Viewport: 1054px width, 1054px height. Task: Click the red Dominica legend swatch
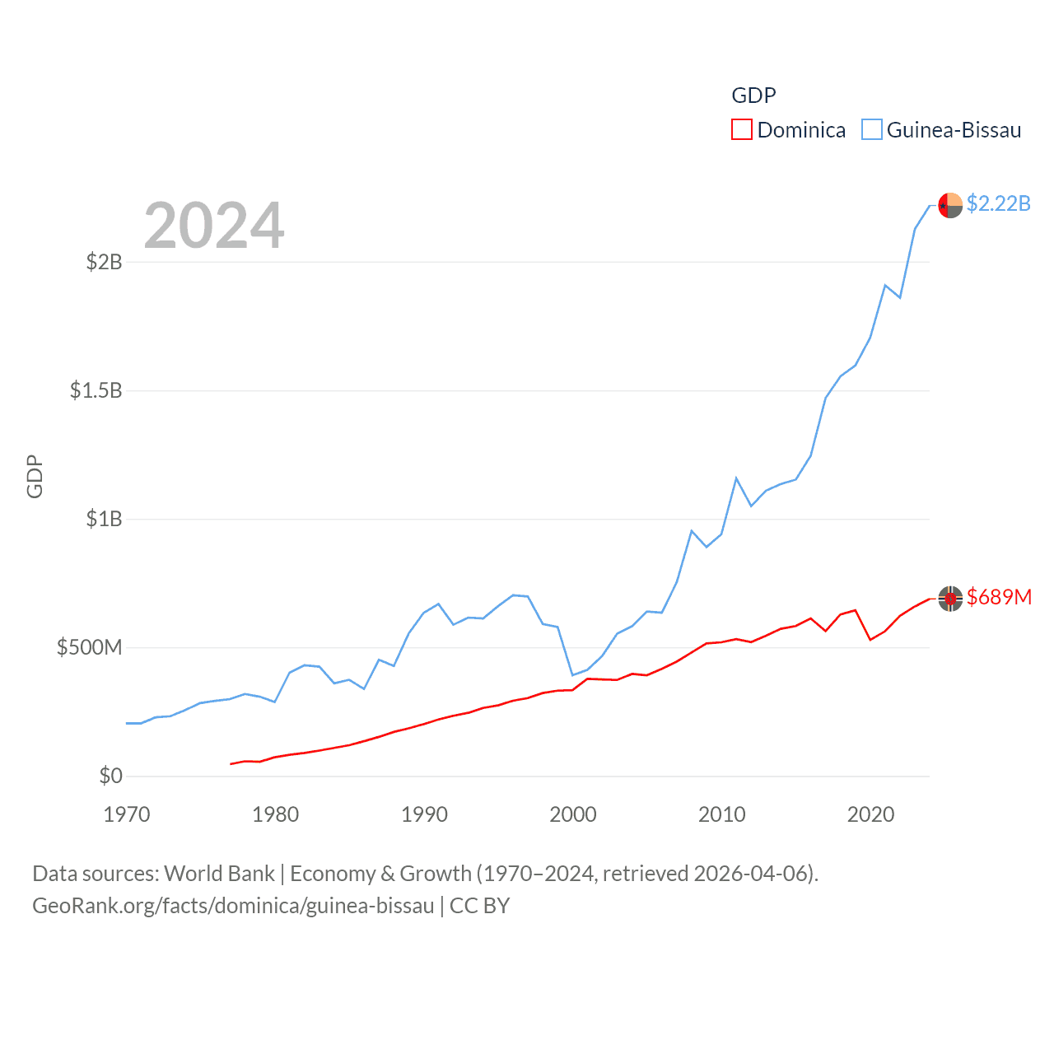(x=741, y=130)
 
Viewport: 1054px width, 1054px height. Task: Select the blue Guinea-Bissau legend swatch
(x=871, y=130)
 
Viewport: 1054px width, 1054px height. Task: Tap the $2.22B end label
(x=998, y=203)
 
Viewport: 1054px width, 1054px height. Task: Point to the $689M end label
(x=999, y=597)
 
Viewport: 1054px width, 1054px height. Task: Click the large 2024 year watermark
(x=214, y=225)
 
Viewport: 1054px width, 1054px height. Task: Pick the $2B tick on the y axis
(x=105, y=262)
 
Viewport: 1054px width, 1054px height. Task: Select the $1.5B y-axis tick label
(x=96, y=390)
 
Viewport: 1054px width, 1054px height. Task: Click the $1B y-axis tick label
(x=105, y=519)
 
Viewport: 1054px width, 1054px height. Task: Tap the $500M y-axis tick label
(x=90, y=647)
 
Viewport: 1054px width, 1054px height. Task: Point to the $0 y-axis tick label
(x=110, y=776)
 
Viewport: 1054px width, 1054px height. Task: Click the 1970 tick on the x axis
(x=127, y=814)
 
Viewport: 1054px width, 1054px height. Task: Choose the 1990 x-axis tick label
(x=424, y=814)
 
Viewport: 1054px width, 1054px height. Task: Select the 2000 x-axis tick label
(x=573, y=814)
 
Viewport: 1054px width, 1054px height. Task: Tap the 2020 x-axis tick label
(x=870, y=814)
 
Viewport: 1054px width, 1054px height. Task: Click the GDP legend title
(x=753, y=96)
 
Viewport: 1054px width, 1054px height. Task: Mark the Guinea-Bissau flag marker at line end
(x=950, y=205)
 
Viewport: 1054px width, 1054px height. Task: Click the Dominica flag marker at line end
(x=950, y=599)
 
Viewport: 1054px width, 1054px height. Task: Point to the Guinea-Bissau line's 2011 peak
(x=736, y=478)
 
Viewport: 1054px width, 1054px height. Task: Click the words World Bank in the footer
(x=219, y=873)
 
